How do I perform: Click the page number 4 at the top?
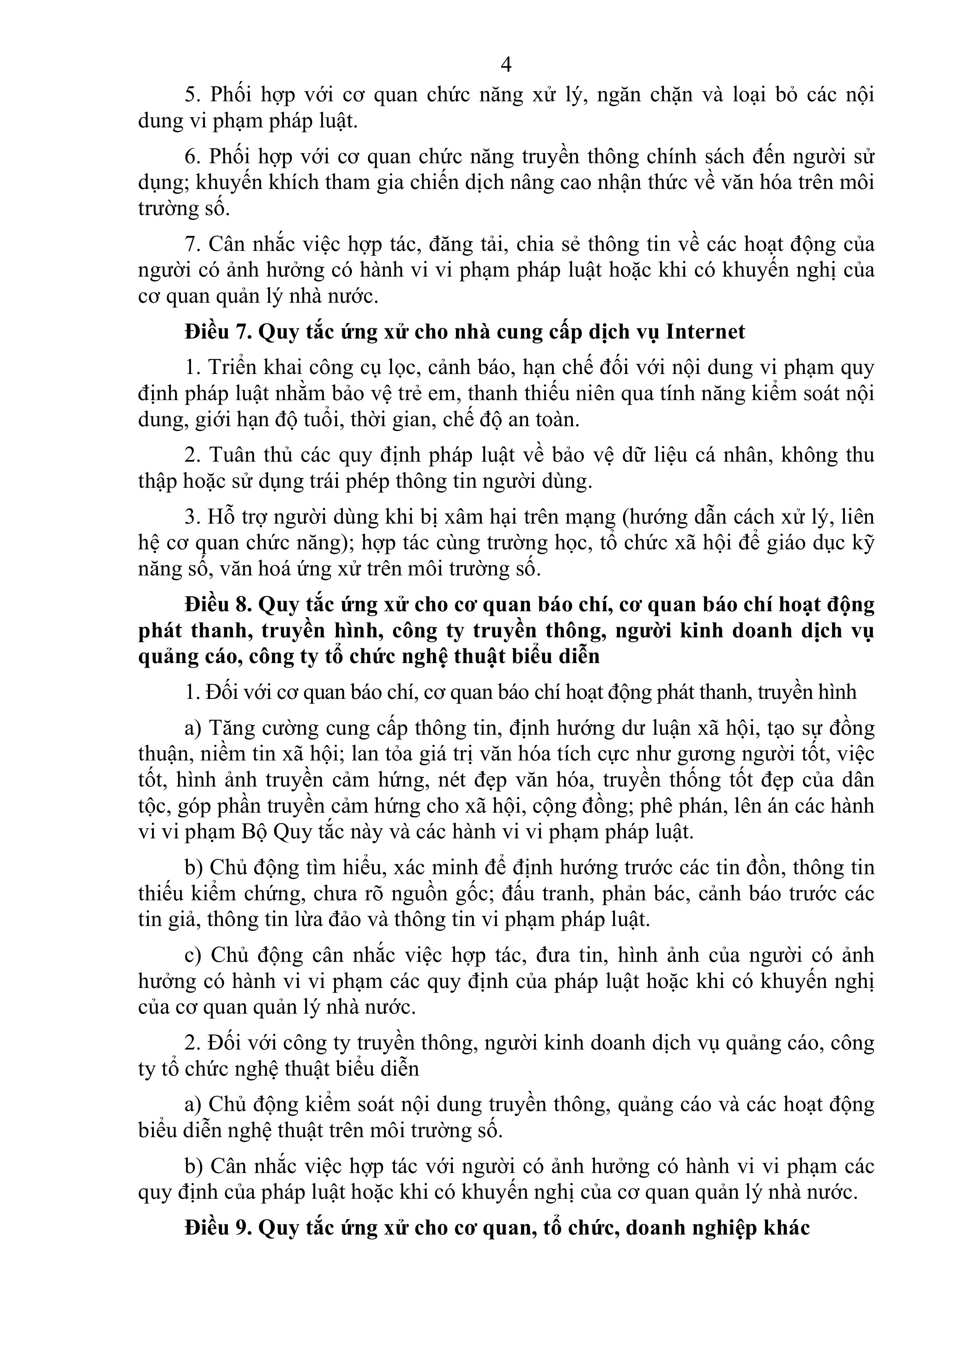tap(506, 64)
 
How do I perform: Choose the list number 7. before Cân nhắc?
tap(193, 244)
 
